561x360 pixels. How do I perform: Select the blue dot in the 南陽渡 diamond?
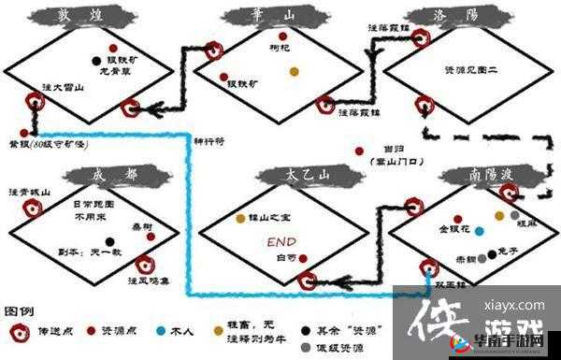pos(479,230)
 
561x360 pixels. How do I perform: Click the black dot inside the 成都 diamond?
pos(108,240)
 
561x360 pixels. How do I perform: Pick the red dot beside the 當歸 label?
pos(358,151)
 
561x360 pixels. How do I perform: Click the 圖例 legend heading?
pos(20,310)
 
